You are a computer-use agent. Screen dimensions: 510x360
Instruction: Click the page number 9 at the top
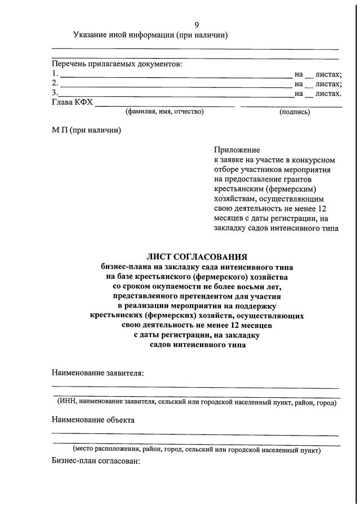click(197, 24)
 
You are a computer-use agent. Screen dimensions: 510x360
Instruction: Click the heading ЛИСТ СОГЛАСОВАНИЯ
click(197, 257)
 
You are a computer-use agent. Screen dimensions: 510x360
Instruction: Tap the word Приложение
click(237, 150)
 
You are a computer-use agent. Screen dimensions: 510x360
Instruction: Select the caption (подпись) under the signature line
click(294, 112)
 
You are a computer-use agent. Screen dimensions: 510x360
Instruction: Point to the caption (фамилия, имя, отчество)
click(165, 112)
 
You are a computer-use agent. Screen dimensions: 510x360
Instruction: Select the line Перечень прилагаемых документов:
click(117, 64)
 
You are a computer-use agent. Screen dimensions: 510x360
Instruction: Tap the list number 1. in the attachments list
click(55, 74)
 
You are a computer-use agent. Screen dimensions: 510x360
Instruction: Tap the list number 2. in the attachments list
click(55, 83)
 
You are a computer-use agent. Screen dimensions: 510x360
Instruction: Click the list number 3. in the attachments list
click(55, 93)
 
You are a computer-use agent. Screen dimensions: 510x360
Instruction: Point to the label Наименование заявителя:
click(97, 373)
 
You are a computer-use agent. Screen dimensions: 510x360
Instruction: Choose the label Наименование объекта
click(94, 420)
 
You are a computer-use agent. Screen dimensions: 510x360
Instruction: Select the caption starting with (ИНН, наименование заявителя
click(197, 401)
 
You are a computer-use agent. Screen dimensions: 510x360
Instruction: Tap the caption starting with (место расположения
click(197, 450)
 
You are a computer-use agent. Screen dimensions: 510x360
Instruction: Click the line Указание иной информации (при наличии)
click(150, 35)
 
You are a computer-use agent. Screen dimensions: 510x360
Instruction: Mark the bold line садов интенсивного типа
click(197, 346)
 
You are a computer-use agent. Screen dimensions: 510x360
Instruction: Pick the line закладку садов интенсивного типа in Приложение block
click(276, 229)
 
